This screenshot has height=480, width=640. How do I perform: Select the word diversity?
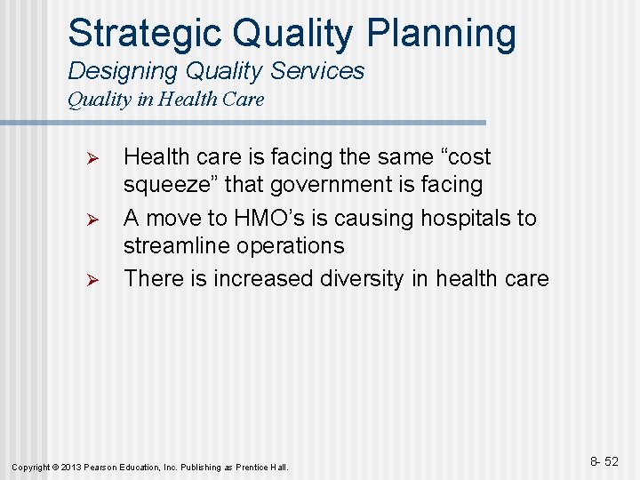click(x=362, y=278)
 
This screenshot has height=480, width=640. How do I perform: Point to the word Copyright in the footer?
click(x=33, y=467)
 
